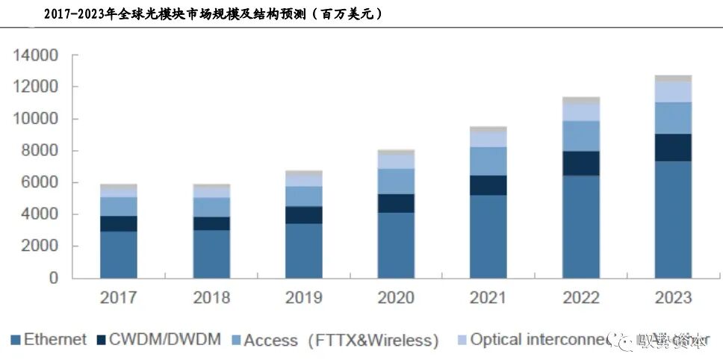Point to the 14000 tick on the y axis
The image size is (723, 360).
(33, 56)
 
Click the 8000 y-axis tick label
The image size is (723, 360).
(37, 151)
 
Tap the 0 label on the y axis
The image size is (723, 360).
(53, 278)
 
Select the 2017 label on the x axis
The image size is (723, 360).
(119, 298)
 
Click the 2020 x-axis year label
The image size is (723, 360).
(396, 298)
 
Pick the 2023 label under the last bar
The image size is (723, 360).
(673, 298)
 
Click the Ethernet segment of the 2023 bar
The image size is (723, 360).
(673, 220)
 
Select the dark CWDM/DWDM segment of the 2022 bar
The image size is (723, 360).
(580, 163)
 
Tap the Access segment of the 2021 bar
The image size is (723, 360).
(488, 161)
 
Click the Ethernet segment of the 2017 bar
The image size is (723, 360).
(119, 255)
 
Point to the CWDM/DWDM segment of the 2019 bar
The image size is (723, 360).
(303, 215)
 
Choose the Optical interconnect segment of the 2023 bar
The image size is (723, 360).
(673, 91)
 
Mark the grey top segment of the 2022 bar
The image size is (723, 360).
(580, 99)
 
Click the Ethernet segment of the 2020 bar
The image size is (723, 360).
(396, 245)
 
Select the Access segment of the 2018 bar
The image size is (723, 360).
(211, 207)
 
